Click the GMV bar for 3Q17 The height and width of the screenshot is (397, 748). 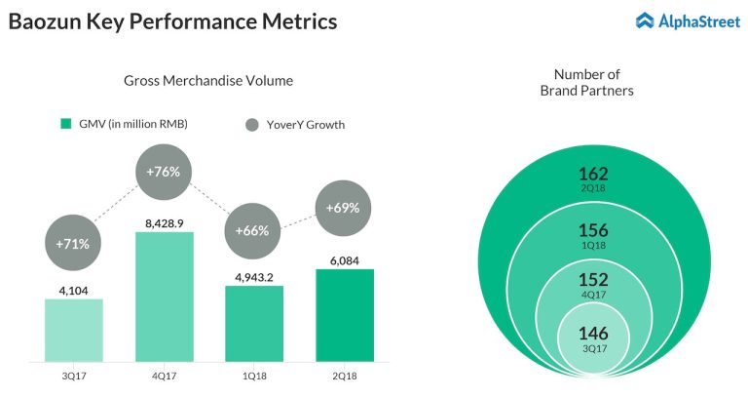coord(73,329)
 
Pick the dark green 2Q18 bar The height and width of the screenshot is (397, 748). coord(345,314)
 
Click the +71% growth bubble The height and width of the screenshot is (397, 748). coord(73,243)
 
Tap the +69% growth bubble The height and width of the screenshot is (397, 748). coord(345,208)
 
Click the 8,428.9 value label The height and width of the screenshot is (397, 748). coord(164,223)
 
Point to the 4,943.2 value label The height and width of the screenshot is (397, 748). coord(254,277)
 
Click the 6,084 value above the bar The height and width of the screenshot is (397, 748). coord(345,260)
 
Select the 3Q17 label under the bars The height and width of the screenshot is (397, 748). coord(73,375)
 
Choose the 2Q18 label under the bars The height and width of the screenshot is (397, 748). coord(345,375)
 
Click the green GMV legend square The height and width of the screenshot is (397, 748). coord(66,124)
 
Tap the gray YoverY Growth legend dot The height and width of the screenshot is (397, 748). coord(251,124)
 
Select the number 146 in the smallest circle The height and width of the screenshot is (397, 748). coord(593,334)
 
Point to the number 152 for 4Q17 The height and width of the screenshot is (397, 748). coord(593,281)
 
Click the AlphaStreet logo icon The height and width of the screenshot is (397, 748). coord(646,20)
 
